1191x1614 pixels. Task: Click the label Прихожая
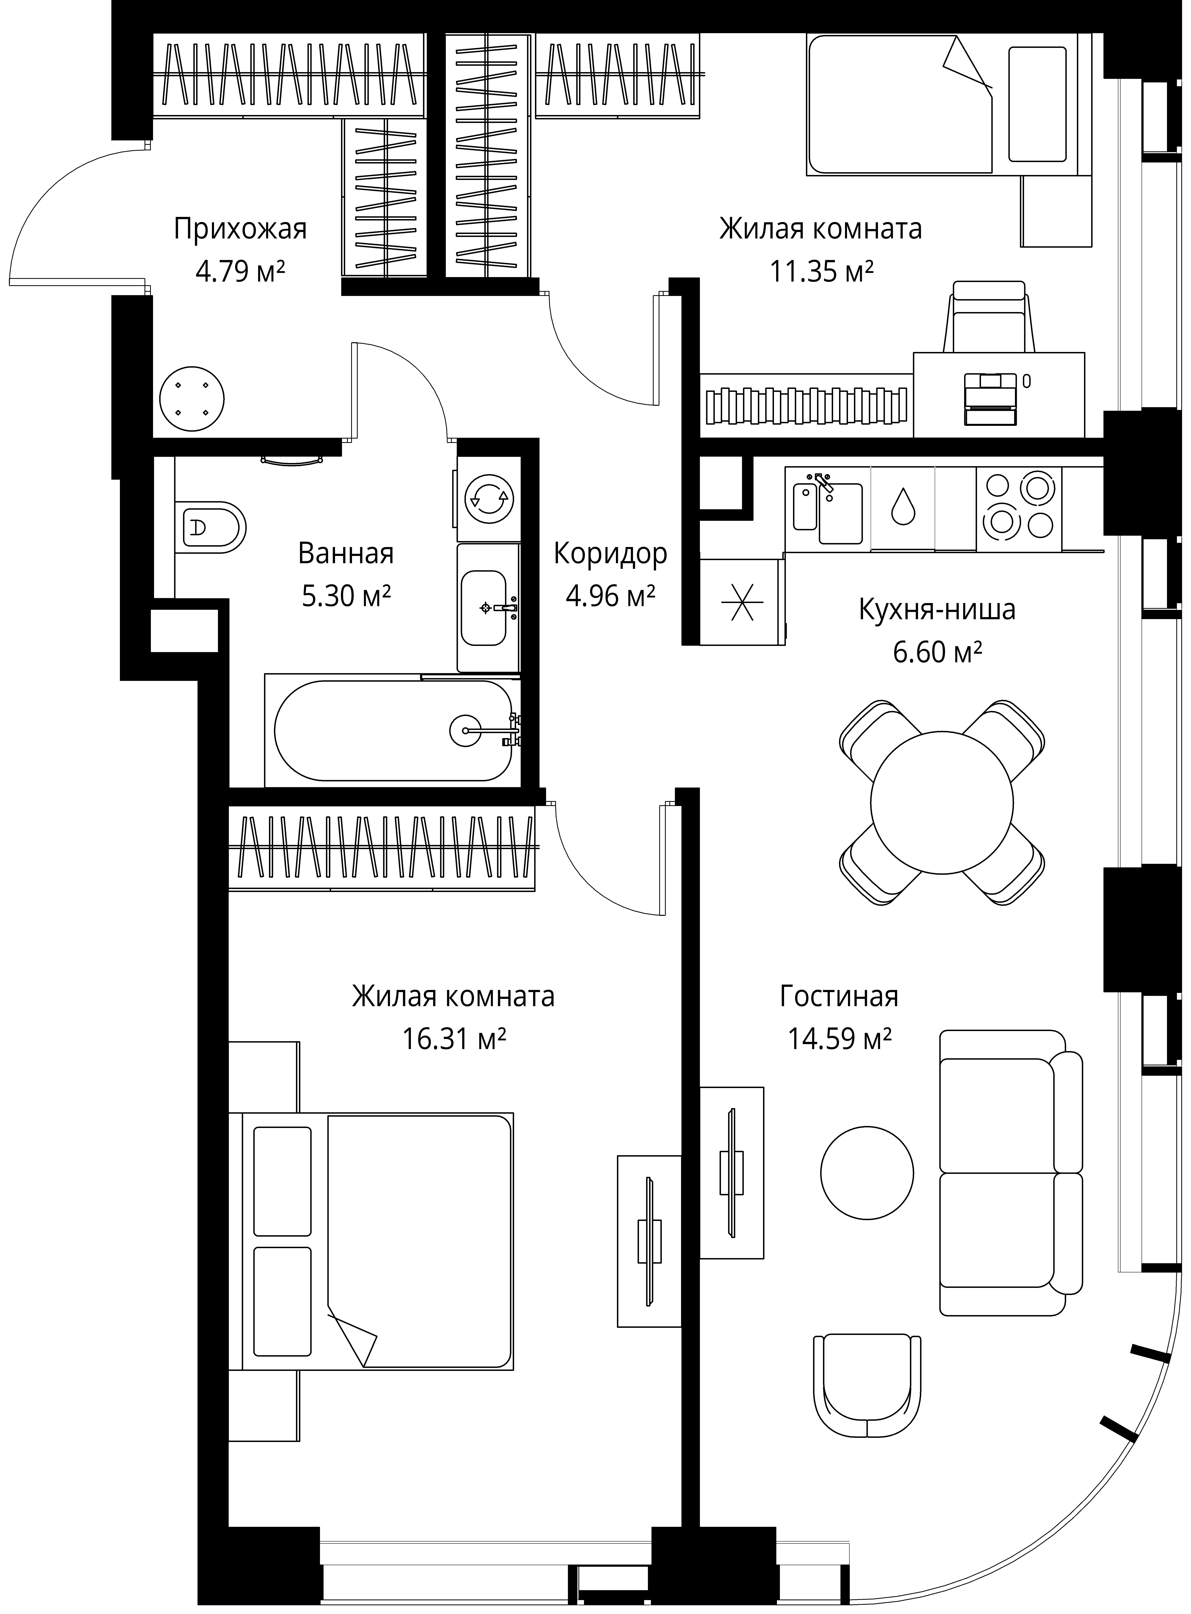[240, 229]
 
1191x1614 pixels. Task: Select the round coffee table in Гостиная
[867, 1173]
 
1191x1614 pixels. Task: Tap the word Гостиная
[839, 997]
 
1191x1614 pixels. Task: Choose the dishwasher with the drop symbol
[903, 508]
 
